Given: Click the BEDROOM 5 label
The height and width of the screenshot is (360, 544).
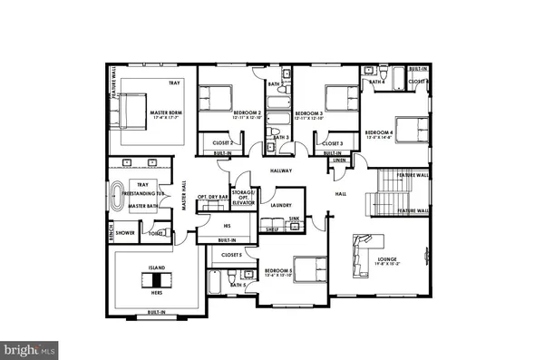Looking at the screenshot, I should click(x=278, y=271).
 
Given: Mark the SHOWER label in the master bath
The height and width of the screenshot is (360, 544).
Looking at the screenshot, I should click(x=125, y=232).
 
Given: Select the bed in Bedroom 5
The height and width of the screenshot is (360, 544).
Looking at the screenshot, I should click(x=313, y=269).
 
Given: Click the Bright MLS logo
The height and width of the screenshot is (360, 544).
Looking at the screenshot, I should click(x=30, y=347).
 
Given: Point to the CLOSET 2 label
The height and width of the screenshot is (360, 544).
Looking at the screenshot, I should click(x=224, y=143).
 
